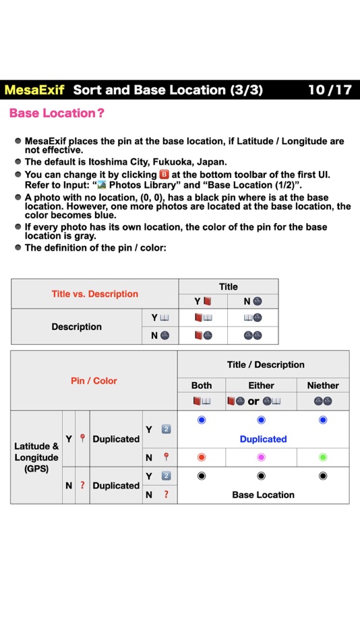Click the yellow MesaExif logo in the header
tap(34, 90)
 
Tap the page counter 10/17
tap(330, 90)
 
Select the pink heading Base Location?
tap(57, 113)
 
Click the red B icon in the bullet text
tap(162, 174)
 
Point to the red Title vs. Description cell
tap(94, 294)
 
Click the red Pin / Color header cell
tap(94, 381)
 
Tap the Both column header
tap(201, 385)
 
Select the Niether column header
tap(323, 385)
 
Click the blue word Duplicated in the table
tap(263, 439)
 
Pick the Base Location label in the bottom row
tap(263, 494)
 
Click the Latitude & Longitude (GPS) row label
tap(36, 457)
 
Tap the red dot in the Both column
tap(201, 457)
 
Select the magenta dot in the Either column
tap(262, 457)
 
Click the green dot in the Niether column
tap(323, 457)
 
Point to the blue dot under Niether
tap(323, 420)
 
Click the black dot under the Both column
tap(201, 476)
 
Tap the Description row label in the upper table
tap(77, 327)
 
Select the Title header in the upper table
tap(229, 286)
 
